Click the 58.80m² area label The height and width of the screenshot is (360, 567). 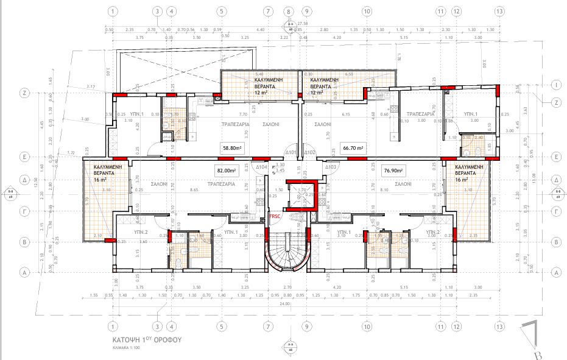click(x=231, y=147)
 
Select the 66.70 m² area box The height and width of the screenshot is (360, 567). click(x=353, y=147)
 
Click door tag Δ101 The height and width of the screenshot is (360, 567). click(x=291, y=152)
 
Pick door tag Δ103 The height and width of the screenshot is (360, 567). click(x=331, y=166)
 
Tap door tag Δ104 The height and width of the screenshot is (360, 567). click(x=262, y=166)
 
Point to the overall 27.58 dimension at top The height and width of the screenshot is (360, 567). click(x=302, y=23)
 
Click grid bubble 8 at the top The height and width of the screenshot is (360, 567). click(x=288, y=11)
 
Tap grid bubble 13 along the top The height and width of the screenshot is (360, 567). click(x=499, y=11)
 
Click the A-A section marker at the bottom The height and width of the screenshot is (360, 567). click(x=290, y=348)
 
